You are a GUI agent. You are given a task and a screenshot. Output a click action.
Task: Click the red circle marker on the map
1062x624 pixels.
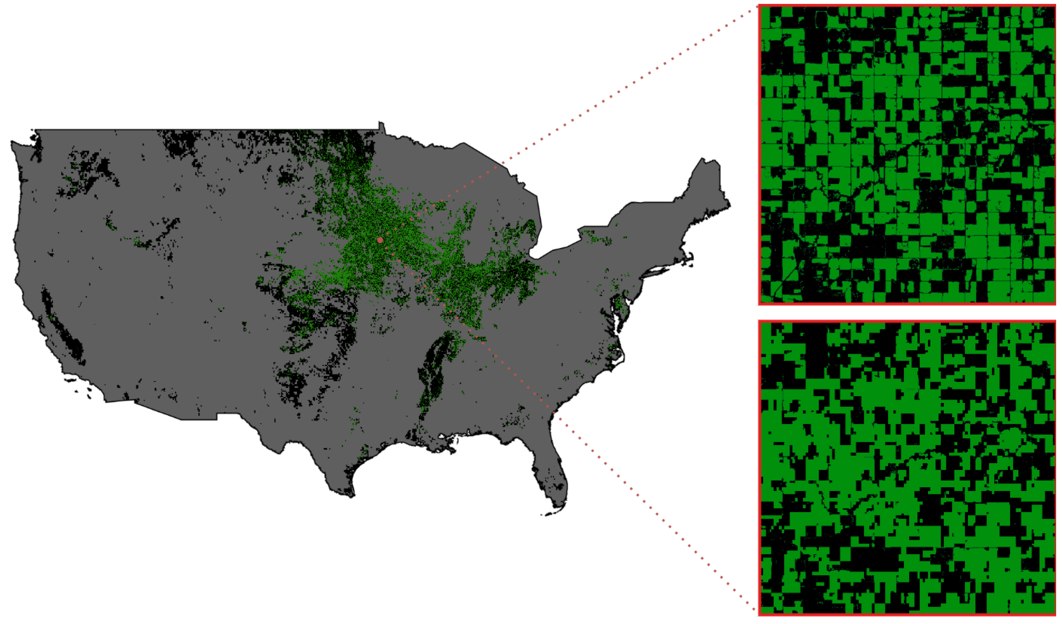380,240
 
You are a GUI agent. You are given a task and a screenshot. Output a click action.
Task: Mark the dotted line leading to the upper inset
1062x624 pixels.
632,84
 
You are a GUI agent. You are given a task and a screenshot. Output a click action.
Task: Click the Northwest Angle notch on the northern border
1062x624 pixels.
381,125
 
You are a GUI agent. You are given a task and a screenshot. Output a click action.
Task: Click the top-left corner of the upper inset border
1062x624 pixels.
759,6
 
